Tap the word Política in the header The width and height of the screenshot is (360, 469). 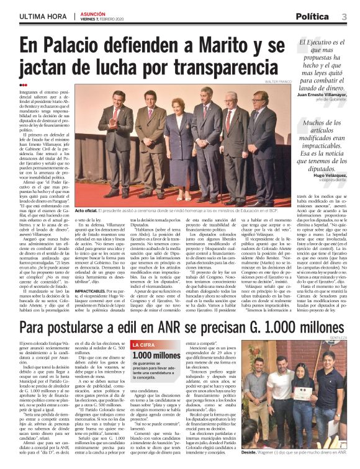(x=317, y=16)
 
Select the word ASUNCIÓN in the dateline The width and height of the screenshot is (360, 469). (x=91, y=14)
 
